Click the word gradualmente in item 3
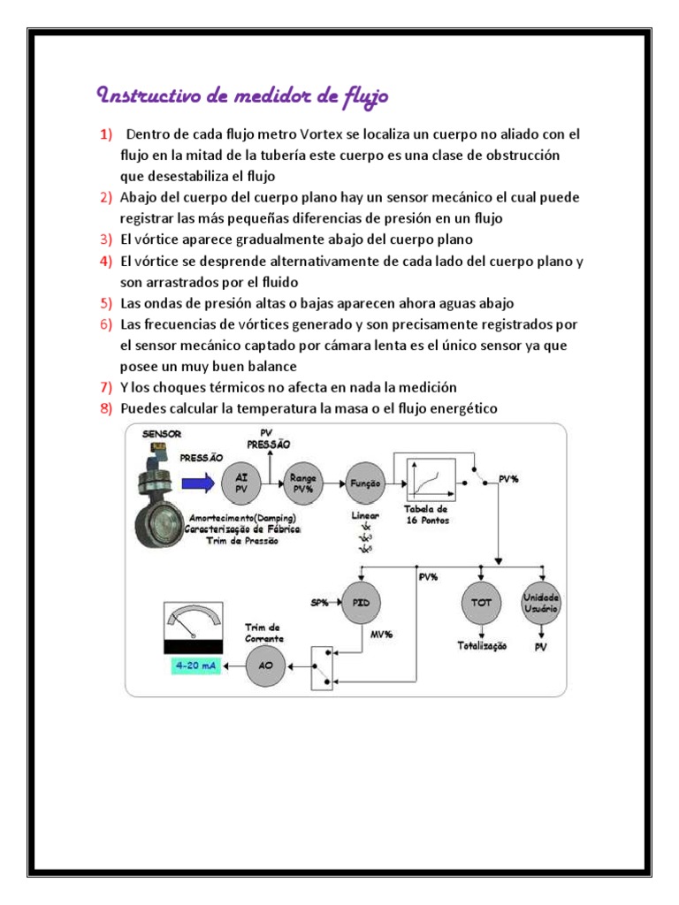272,240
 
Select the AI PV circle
241,483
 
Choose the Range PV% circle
304,483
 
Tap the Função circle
366,483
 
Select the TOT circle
481,603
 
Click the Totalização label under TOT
482,646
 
